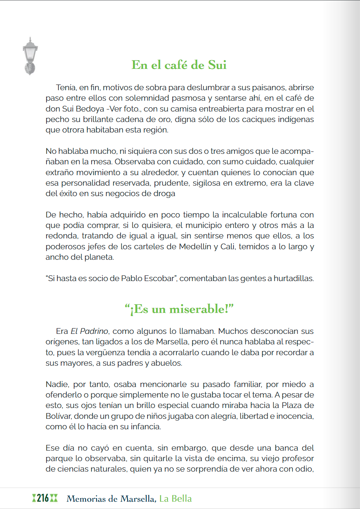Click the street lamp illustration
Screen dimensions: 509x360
click(30, 56)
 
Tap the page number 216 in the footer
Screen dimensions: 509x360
click(43, 498)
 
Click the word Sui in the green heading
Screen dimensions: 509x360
click(217, 65)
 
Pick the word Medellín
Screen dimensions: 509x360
click(195, 246)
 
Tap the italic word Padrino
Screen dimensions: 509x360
click(94, 331)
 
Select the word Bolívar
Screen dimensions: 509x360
click(58, 416)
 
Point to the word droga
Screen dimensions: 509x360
click(164, 193)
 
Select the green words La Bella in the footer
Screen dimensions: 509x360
click(175, 499)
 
